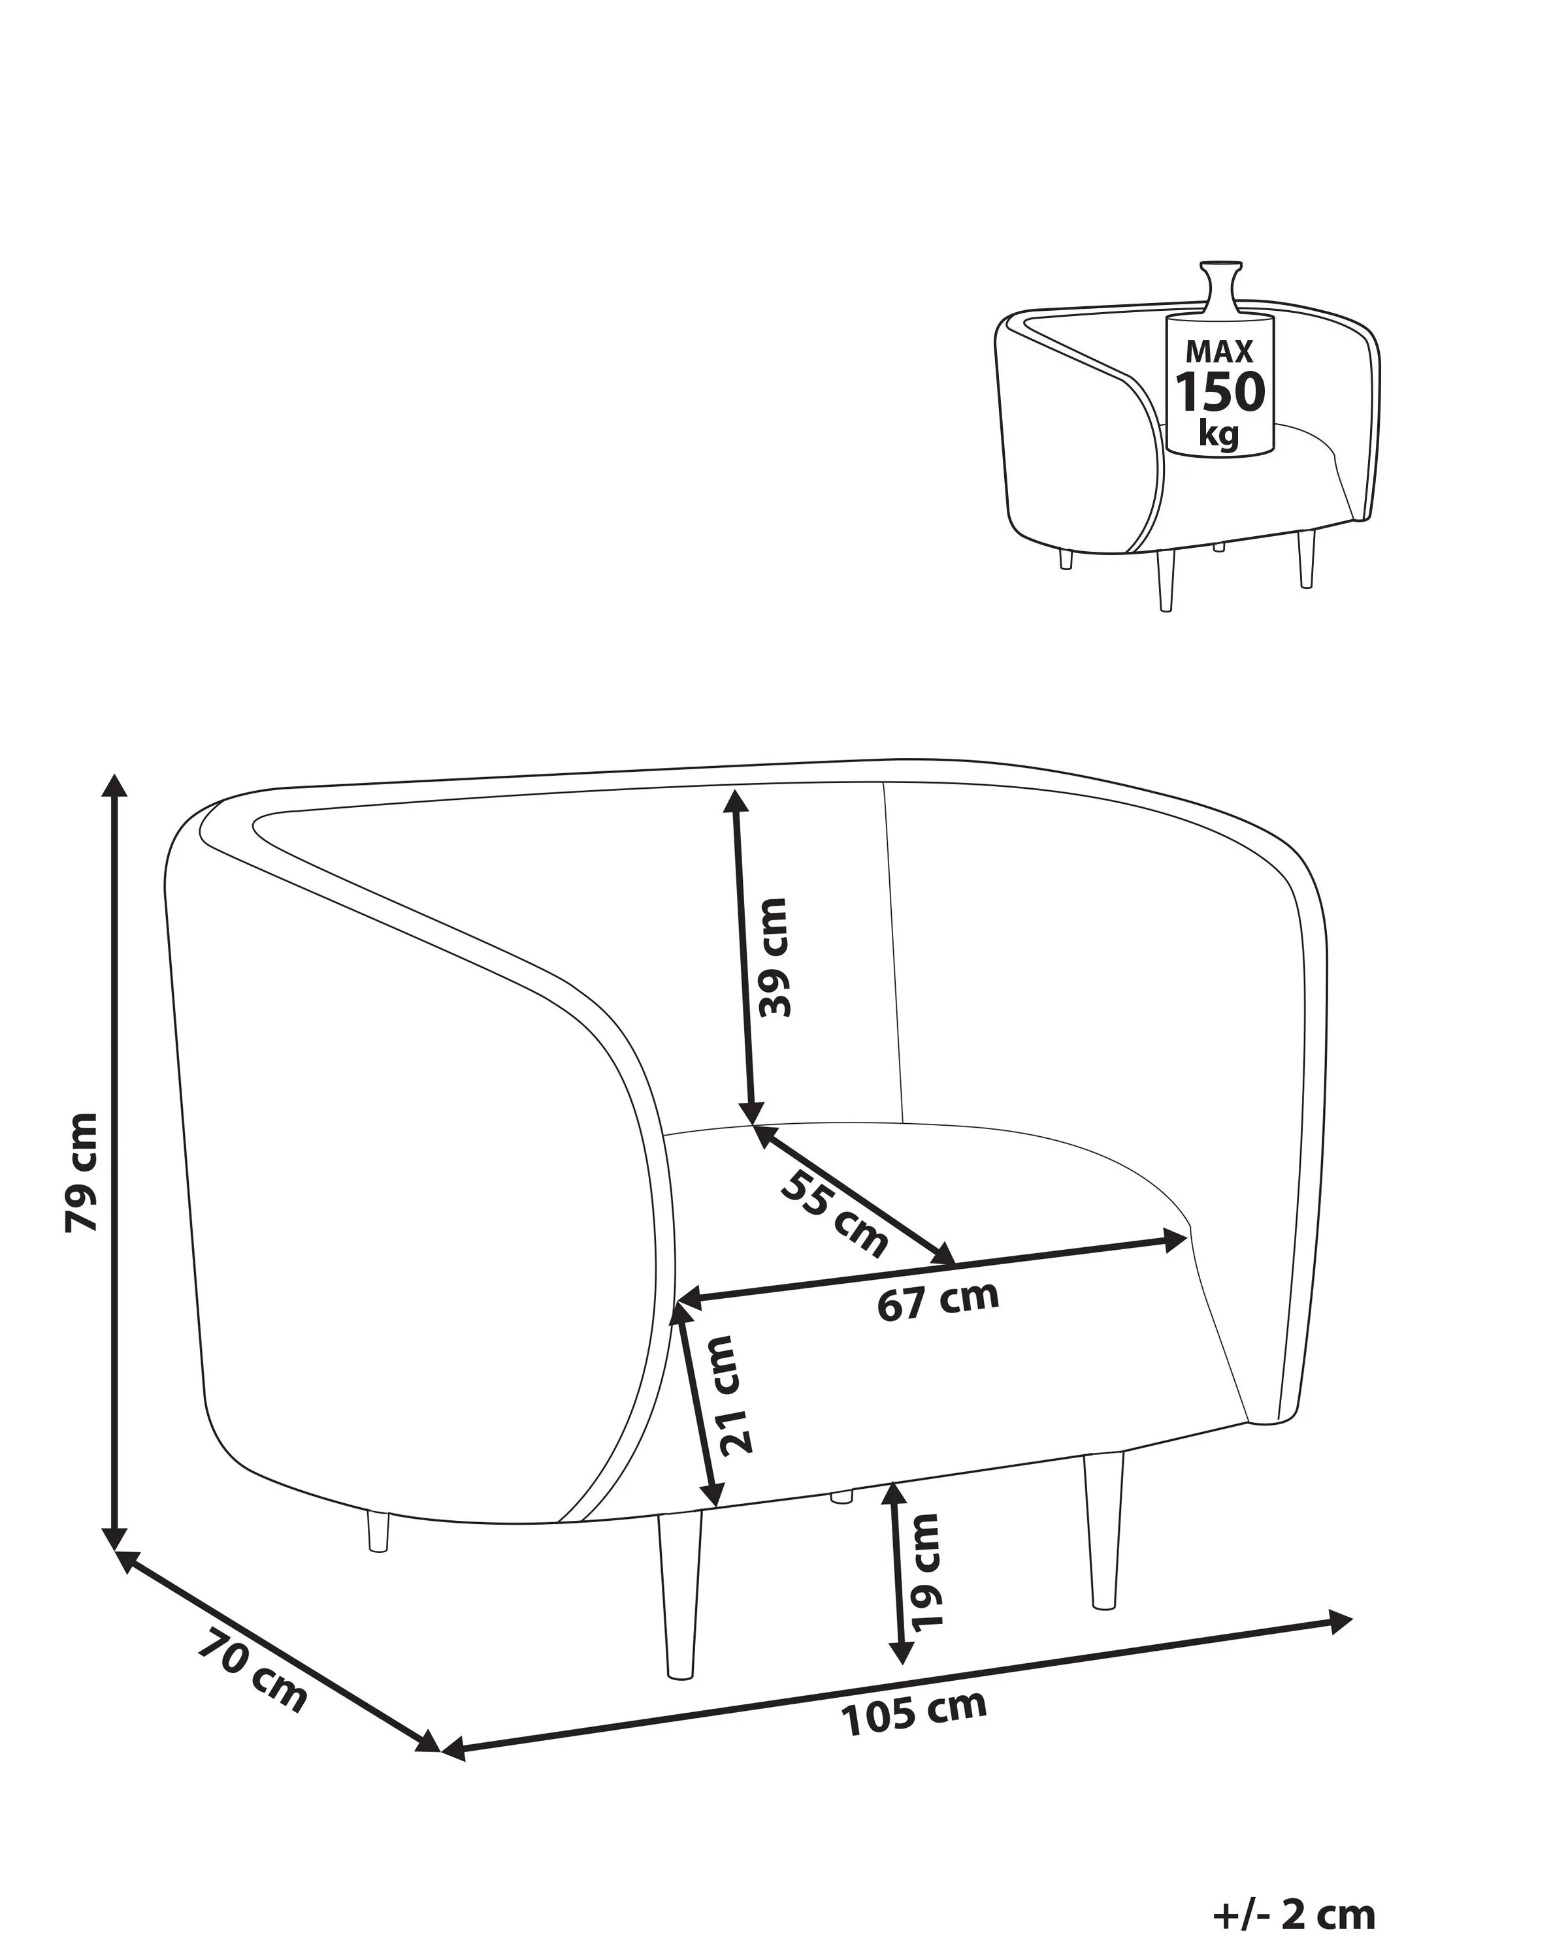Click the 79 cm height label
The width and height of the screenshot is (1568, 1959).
point(82,1172)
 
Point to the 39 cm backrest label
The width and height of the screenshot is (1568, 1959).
point(774,957)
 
